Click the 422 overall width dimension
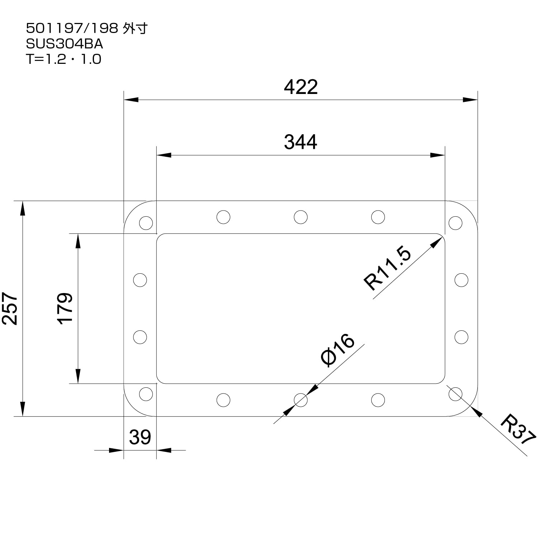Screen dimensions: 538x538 pyautogui.click(x=301, y=87)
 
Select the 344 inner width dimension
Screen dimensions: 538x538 pyautogui.click(x=301, y=142)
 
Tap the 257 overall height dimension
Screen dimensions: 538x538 pyautogui.click(x=10, y=308)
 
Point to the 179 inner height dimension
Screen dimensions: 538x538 pyautogui.click(x=65, y=308)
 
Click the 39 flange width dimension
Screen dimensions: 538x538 pyautogui.click(x=140, y=437)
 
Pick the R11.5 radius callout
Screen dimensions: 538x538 pyautogui.click(x=387, y=269)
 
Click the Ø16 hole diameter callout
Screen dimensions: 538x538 pyautogui.click(x=338, y=350)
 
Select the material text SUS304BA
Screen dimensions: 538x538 pyautogui.click(x=65, y=44)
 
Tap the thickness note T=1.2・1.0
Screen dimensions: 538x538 pyautogui.click(x=63, y=59)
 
